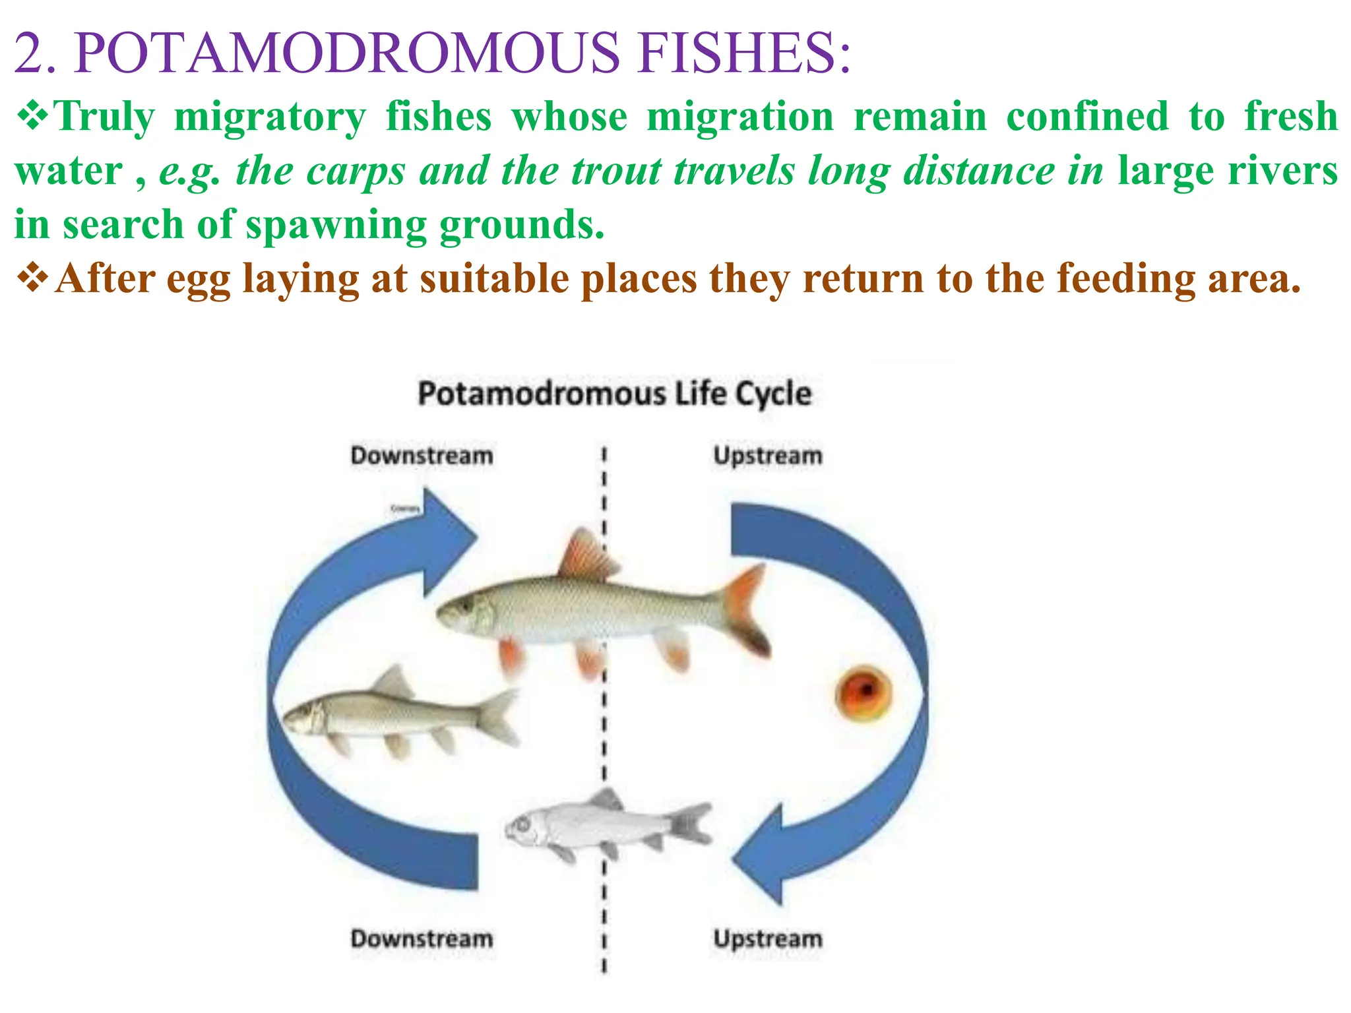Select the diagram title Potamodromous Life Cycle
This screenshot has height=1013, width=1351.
(x=614, y=394)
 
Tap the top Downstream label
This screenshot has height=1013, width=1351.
(x=422, y=456)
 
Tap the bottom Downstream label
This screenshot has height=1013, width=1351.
(x=422, y=938)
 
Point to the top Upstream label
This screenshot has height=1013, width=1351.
(x=768, y=456)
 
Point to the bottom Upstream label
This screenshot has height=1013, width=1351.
(x=768, y=938)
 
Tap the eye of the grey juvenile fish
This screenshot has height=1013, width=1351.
(x=522, y=824)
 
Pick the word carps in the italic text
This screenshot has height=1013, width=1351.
(x=356, y=171)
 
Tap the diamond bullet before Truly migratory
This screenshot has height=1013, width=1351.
(x=32, y=117)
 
